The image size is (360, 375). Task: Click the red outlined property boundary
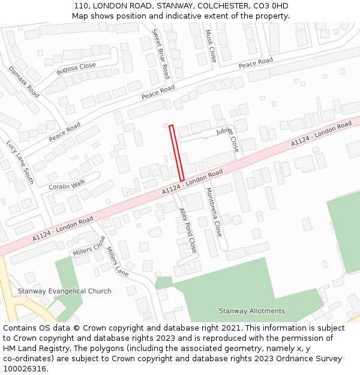tap(176, 153)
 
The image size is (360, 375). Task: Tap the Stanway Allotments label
tap(251, 311)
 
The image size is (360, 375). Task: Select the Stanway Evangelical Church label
tap(64, 291)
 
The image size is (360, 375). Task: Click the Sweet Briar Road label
tap(161, 54)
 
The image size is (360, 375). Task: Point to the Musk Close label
tap(211, 46)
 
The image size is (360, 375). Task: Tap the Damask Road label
tap(24, 82)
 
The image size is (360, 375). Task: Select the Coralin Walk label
tap(67, 184)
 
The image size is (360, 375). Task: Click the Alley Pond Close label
tap(188, 230)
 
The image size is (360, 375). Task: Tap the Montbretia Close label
tap(214, 211)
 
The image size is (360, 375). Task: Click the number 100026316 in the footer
tap(26, 368)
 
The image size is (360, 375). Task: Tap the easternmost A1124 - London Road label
tap(321, 134)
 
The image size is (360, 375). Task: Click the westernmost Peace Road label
tap(64, 132)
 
